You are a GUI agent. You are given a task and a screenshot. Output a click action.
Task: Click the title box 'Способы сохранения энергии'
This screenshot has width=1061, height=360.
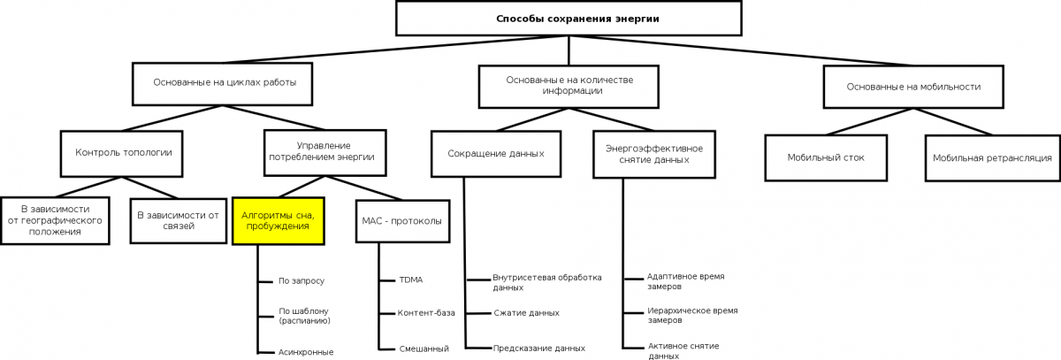pyautogui.click(x=569, y=19)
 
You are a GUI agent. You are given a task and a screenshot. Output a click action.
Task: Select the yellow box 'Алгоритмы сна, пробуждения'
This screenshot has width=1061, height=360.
pyautogui.click(x=278, y=221)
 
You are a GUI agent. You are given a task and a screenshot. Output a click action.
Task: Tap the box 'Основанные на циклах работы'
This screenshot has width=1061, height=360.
pyautogui.click(x=222, y=84)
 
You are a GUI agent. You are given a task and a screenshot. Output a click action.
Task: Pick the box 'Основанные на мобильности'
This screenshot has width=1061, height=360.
pyautogui.click(x=913, y=87)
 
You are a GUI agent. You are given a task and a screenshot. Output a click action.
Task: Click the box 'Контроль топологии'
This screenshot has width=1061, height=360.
pyautogui.click(x=122, y=154)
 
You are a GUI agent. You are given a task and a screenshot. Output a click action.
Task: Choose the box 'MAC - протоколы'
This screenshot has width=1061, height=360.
pyautogui.click(x=402, y=221)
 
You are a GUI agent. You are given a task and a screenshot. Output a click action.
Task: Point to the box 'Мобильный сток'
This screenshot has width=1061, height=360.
pyautogui.click(x=826, y=157)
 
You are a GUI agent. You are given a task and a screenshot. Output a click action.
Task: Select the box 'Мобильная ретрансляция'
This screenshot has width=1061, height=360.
pyautogui.click(x=992, y=157)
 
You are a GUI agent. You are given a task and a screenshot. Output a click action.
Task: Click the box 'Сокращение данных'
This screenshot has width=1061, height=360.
pyautogui.click(x=496, y=154)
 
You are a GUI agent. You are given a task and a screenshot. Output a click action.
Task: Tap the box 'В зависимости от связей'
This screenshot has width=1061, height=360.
pyautogui.click(x=179, y=221)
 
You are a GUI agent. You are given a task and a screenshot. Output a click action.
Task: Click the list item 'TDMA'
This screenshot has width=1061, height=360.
pyautogui.click(x=410, y=280)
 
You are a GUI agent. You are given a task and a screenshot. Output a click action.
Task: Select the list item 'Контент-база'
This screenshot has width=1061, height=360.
pyautogui.click(x=426, y=313)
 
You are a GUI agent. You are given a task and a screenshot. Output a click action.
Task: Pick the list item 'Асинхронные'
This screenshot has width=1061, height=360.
pyautogui.click(x=306, y=352)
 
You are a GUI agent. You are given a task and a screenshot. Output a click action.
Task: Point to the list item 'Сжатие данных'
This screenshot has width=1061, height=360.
pyautogui.click(x=526, y=313)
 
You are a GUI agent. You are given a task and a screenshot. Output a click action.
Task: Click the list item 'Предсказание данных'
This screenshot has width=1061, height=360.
pyautogui.click(x=539, y=349)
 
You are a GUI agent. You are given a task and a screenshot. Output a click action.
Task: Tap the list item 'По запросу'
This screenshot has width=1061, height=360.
pyautogui.click(x=302, y=281)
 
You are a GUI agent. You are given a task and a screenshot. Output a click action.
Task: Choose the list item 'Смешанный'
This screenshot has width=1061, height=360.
pyautogui.click(x=424, y=349)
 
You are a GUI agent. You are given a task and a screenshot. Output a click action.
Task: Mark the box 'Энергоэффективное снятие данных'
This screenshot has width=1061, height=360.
pyautogui.click(x=654, y=155)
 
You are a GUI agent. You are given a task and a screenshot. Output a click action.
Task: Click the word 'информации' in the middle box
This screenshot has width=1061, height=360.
pyautogui.click(x=572, y=91)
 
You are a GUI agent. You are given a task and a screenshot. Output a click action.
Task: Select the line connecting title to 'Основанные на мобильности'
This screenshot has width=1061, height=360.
pyautogui.click(x=741, y=50)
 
